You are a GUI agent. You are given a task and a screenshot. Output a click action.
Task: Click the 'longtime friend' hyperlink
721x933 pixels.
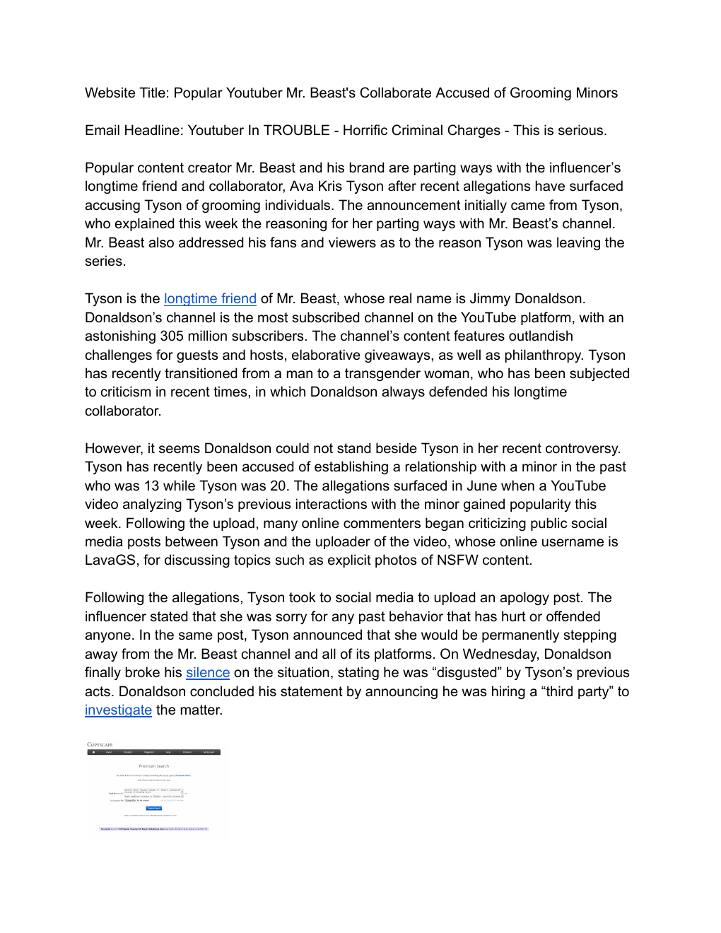210,299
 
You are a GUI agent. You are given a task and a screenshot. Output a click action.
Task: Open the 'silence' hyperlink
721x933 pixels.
208,673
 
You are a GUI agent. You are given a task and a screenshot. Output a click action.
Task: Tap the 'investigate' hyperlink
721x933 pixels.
118,710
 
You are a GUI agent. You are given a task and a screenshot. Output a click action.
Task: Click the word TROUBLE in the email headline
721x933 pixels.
297,131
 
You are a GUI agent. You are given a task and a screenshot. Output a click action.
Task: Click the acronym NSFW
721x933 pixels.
457,561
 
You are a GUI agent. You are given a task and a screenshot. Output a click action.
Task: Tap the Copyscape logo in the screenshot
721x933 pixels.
100,744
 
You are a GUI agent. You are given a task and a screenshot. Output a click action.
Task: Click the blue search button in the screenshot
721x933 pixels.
153,808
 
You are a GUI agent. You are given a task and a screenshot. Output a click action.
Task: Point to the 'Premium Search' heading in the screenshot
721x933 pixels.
153,766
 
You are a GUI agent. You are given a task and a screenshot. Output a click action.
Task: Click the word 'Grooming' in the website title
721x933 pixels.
541,93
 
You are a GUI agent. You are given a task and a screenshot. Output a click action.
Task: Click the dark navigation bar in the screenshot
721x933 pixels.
153,752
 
